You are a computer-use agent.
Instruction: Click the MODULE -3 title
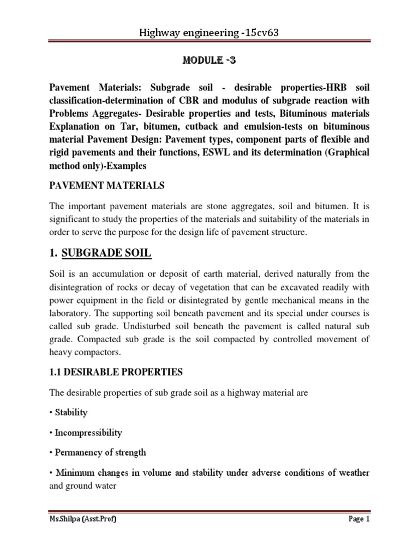tap(209, 59)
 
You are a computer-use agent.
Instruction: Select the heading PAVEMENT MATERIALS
tap(107, 186)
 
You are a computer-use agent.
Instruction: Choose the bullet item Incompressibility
tap(88, 433)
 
